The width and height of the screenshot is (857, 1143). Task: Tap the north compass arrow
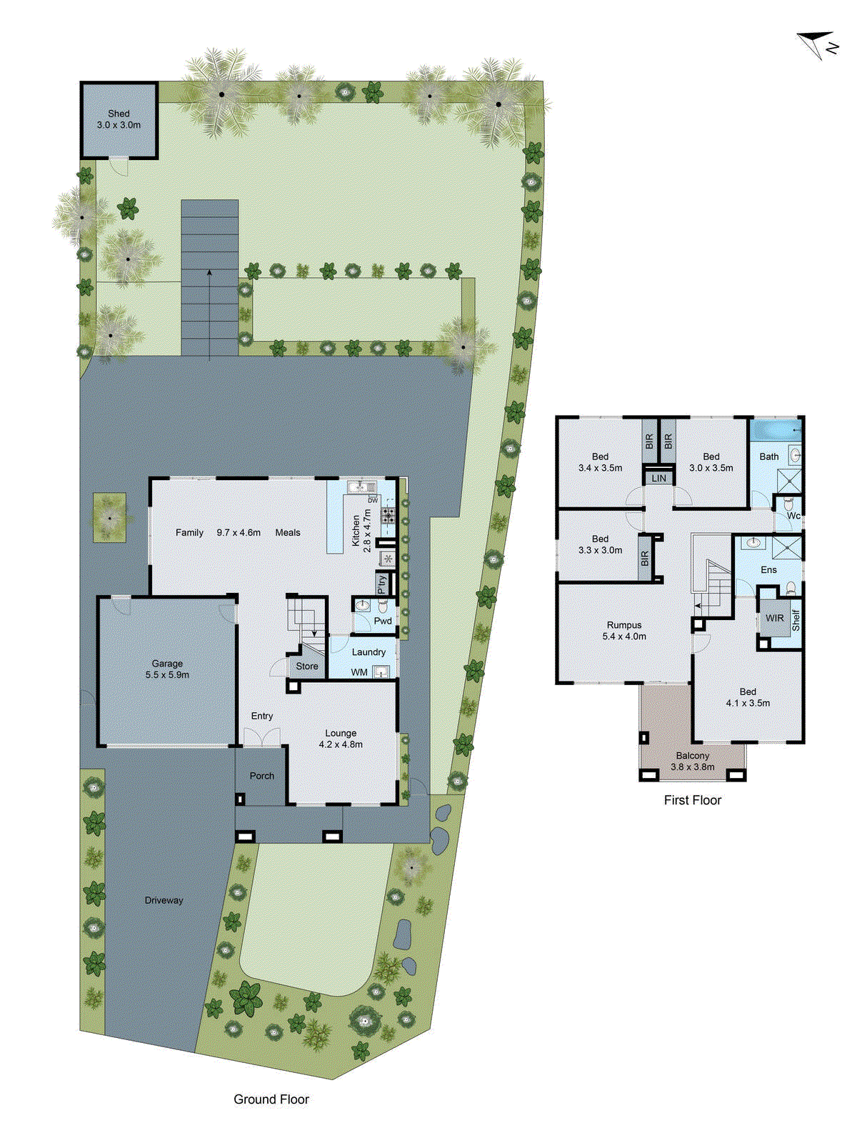(818, 43)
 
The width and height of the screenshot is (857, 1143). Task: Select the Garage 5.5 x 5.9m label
(167, 669)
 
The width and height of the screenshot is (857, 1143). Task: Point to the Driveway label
(164, 900)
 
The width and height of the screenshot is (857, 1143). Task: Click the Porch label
(262, 776)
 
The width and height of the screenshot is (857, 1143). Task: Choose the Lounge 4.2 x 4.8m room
(341, 739)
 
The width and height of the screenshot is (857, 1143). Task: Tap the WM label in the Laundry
(359, 672)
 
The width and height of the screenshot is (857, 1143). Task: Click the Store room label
(307, 667)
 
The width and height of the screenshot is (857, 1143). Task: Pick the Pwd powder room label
(384, 621)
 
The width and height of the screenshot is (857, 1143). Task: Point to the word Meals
(288, 532)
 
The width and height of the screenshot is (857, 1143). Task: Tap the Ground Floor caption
(271, 1099)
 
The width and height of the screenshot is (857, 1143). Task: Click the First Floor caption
(693, 800)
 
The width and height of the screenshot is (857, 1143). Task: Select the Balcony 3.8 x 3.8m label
(693, 761)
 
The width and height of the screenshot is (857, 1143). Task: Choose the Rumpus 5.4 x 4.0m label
(624, 630)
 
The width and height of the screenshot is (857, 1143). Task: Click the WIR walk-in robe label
(775, 619)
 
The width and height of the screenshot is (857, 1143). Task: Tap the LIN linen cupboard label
(659, 478)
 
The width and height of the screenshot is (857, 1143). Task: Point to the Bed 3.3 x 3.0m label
(600, 544)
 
